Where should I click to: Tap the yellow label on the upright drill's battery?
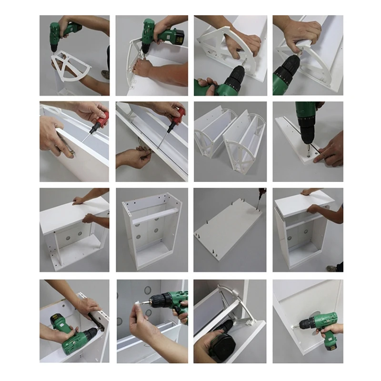click(179, 39)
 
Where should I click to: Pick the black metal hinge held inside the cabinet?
click(96, 323)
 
